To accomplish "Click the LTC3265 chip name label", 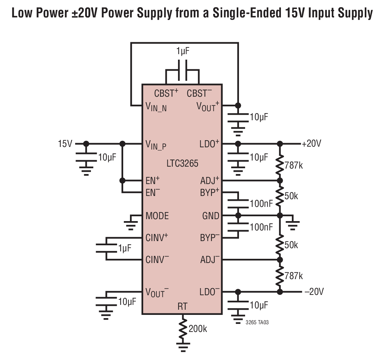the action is [x=182, y=163].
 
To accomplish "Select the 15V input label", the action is [x=65, y=144].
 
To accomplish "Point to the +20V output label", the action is [x=312, y=143].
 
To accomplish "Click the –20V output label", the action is [x=314, y=292].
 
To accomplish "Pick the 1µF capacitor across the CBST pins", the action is [x=183, y=70].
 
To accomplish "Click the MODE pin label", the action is [x=157, y=216].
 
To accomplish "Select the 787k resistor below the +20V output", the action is [x=280, y=165].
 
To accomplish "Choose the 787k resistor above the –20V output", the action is [x=280, y=276].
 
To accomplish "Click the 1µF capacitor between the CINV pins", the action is [x=106, y=248].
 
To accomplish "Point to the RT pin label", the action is [x=182, y=306].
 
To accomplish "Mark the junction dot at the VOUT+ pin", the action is [x=238, y=106].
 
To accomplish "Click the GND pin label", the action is [x=211, y=216].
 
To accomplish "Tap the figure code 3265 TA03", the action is [x=257, y=322].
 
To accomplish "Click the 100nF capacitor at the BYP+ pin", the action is [x=238, y=204].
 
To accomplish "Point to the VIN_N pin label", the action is [x=156, y=107].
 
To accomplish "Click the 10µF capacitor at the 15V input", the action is [x=86, y=157].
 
